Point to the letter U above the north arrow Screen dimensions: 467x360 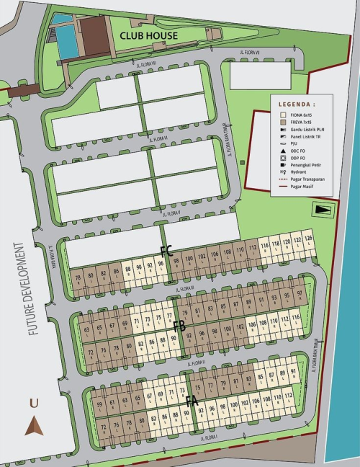(x=33, y=404)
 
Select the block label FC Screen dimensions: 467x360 (x=166, y=252)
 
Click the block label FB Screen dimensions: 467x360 (x=179, y=326)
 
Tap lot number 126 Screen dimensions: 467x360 (x=308, y=238)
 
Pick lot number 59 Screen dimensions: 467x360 (x=99, y=404)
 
